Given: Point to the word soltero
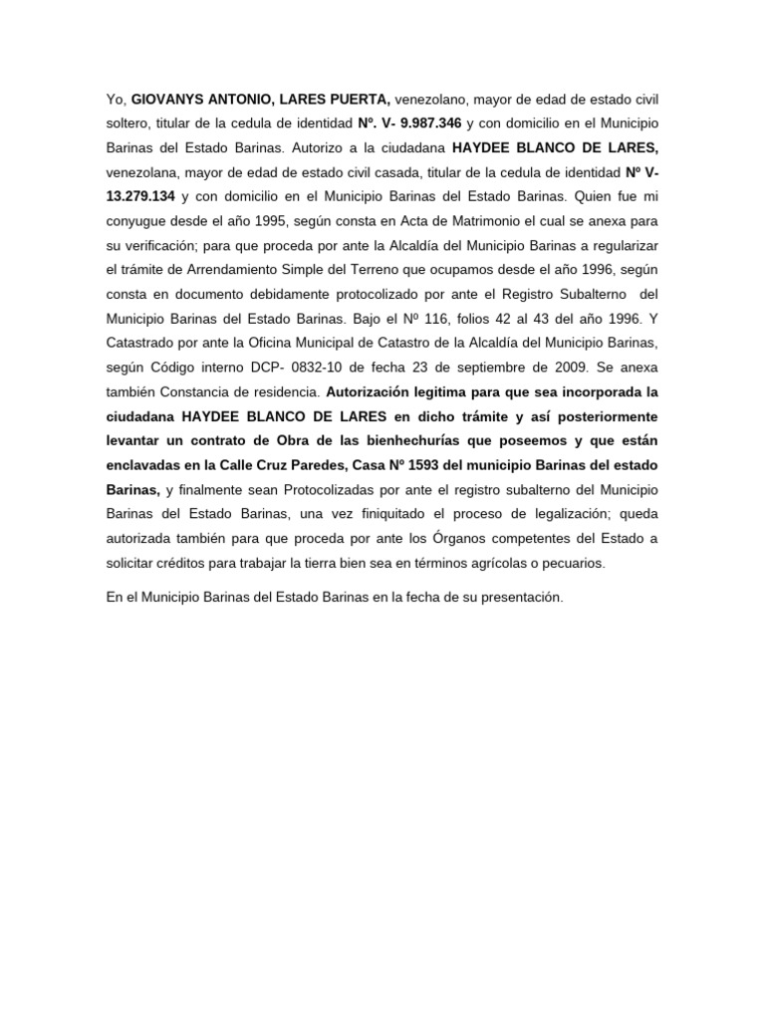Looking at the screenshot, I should point(128,123).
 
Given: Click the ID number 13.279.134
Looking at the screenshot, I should point(143,195).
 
